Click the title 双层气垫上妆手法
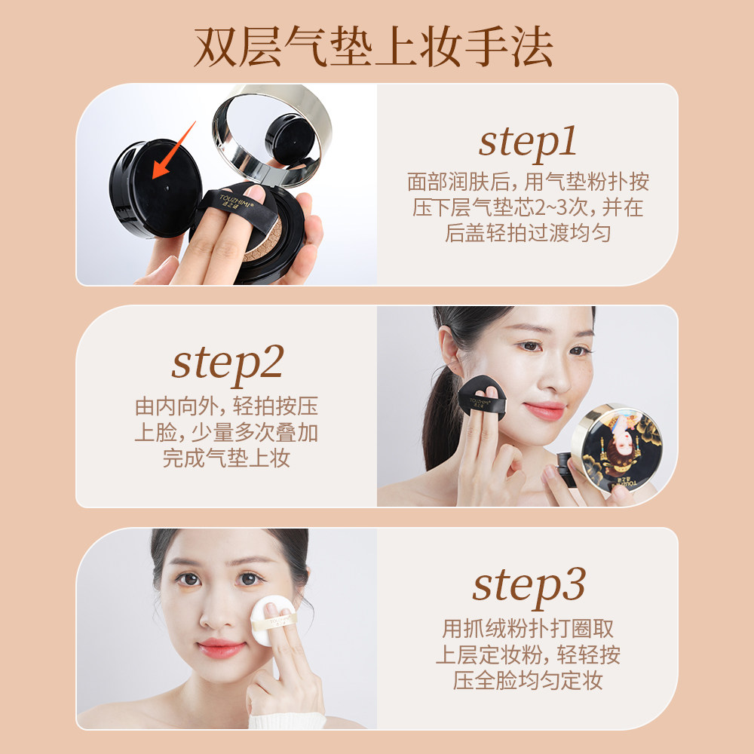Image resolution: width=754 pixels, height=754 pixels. click(x=374, y=48)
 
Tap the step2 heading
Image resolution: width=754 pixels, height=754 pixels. click(x=227, y=362)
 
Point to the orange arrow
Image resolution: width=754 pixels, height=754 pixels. click(x=173, y=150)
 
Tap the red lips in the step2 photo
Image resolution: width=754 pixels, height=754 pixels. click(x=544, y=412)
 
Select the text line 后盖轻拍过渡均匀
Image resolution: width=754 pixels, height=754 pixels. click(x=527, y=233)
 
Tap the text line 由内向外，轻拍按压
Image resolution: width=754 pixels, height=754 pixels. click(x=226, y=406)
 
